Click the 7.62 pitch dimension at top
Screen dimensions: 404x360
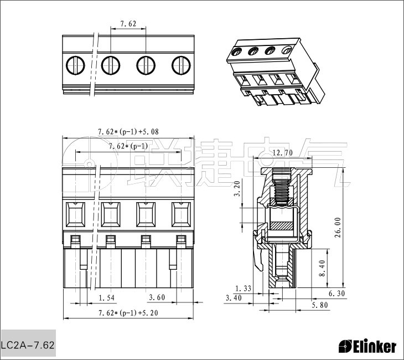(x=128, y=24)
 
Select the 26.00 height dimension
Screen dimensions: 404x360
(x=338, y=227)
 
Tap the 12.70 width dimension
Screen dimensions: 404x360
(x=282, y=153)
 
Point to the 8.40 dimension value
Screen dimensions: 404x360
(x=322, y=268)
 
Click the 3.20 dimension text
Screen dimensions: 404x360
(x=237, y=189)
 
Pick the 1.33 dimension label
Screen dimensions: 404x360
(x=243, y=289)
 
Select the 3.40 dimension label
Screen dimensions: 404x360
(x=234, y=298)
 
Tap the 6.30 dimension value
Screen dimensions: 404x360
(x=336, y=294)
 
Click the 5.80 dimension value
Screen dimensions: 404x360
(x=320, y=305)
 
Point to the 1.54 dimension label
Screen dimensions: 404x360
(x=106, y=298)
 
